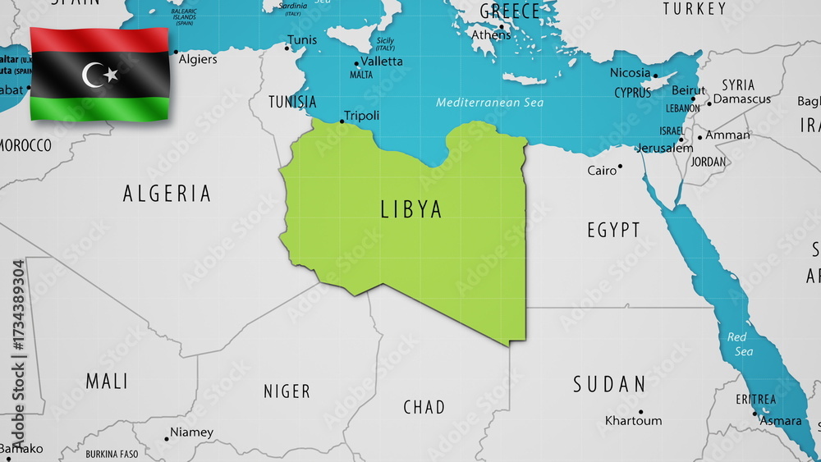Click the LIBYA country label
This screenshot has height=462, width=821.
[x=411, y=209]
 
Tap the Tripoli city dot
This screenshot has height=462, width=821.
[x=342, y=122]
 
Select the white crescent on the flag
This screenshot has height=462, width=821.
[x=93, y=75]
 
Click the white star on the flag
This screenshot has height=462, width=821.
[x=111, y=75]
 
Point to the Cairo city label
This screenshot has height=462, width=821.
[x=602, y=171]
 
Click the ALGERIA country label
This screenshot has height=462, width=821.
[x=167, y=194]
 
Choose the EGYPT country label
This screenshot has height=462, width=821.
[x=613, y=230]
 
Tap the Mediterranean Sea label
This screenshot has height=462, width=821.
[x=490, y=103]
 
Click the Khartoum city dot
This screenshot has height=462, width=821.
[x=640, y=411]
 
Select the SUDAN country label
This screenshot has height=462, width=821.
[x=610, y=384]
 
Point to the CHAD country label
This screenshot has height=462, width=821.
[x=424, y=407]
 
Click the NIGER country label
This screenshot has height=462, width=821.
[x=287, y=391]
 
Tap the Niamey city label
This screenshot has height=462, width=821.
[x=191, y=432]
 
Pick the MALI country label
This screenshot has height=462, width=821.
[x=107, y=382]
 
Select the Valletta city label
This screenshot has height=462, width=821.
[x=382, y=62]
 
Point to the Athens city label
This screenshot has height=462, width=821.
[x=491, y=34]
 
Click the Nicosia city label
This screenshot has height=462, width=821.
[x=630, y=72]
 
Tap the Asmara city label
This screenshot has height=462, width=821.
[x=781, y=421]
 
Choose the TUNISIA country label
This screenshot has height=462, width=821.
[x=292, y=102]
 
